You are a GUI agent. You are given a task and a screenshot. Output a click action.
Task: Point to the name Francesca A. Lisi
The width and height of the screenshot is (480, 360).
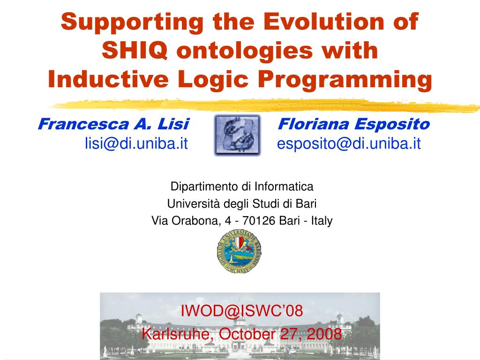click(x=113, y=124)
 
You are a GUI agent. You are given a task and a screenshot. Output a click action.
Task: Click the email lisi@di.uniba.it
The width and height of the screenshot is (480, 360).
click(x=136, y=143)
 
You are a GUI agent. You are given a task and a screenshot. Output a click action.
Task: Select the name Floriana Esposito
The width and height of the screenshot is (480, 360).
click(x=354, y=124)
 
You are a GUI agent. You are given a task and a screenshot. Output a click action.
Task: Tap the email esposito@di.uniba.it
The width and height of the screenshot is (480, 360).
click(x=349, y=143)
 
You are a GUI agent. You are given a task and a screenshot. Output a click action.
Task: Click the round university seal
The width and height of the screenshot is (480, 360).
click(x=239, y=252)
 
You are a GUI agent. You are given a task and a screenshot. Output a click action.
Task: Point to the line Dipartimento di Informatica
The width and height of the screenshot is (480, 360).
click(x=241, y=187)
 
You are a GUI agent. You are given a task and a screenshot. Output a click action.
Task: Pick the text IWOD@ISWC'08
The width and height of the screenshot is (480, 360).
click(x=241, y=310)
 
